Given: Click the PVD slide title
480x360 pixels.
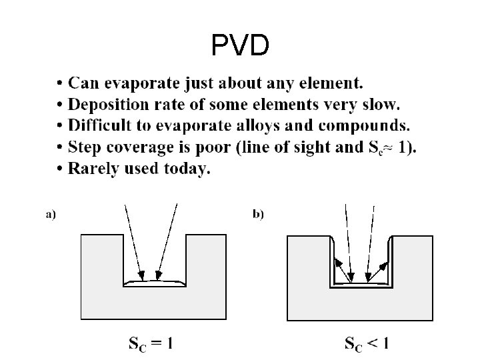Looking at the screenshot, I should pos(240,45).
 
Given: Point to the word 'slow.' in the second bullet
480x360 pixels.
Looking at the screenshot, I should pos(380,105).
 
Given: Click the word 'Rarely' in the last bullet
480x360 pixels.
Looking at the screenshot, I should pos(93,169).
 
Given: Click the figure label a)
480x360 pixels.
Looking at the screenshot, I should pos(51,215).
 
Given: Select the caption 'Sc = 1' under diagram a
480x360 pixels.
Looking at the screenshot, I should pos(151,344).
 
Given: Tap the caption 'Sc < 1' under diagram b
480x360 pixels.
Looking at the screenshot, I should pos(367,344).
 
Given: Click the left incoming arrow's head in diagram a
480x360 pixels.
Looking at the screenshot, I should pos(141,273).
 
